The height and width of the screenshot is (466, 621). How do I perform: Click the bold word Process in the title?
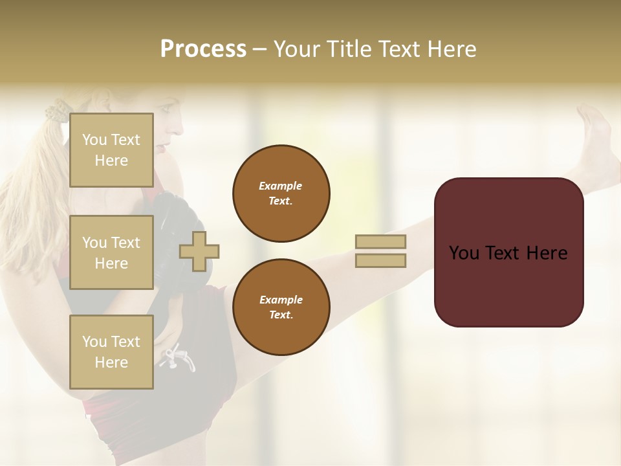(203, 49)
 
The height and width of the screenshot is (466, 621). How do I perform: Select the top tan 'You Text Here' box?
(111, 150)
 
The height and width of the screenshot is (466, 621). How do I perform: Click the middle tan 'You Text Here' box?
(111, 252)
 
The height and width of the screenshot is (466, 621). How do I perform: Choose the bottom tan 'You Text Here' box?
(111, 352)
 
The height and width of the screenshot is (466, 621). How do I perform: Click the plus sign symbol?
(199, 251)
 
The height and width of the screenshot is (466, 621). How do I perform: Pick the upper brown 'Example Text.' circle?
(281, 194)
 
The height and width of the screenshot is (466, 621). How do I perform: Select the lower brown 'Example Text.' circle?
(281, 307)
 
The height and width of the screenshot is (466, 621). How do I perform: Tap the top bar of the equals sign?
(381, 241)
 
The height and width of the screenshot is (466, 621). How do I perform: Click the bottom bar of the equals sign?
(381, 260)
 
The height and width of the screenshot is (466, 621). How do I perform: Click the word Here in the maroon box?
(547, 253)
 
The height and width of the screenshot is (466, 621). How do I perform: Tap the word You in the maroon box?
(463, 253)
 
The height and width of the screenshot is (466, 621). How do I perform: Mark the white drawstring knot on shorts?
(176, 356)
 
